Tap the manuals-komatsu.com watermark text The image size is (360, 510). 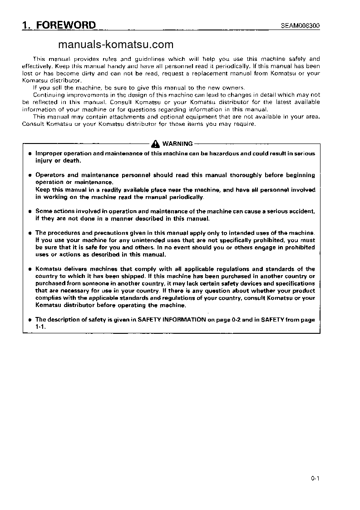pyautogui.click(x=116, y=45)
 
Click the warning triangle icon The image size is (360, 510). pyautogui.click(x=156, y=144)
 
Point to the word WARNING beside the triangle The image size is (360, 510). pyautogui.click(x=177, y=144)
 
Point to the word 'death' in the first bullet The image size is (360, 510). pyautogui.click(x=73, y=161)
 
